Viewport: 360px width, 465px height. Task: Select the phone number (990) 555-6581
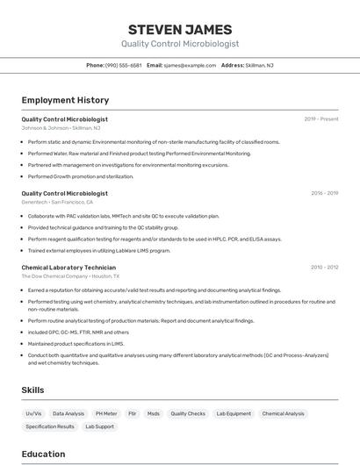coord(124,65)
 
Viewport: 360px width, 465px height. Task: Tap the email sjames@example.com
coord(190,65)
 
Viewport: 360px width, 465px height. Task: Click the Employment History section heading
coord(65,100)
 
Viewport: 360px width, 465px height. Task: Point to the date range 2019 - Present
coord(321,119)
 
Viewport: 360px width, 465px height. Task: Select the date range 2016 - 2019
coord(324,193)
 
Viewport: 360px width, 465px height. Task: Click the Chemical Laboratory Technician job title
coord(68,267)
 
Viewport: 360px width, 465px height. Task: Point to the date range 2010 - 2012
coord(324,267)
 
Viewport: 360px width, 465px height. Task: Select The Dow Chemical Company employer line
coord(70,275)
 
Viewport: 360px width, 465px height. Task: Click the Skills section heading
coord(33,390)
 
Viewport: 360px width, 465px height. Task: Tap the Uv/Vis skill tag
coord(33,413)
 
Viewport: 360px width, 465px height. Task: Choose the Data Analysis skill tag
coord(68,413)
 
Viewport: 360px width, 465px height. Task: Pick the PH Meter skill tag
coord(106,413)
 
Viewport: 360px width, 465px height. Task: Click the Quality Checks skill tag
coord(188,413)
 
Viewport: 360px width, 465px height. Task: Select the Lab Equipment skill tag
coord(234,413)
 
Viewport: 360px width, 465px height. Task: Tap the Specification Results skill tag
coord(50,426)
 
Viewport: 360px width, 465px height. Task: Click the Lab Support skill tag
coord(99,426)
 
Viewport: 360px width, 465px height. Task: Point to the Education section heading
coord(43,454)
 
